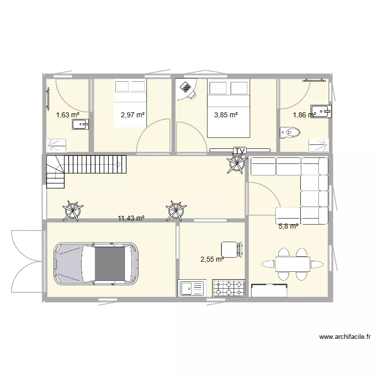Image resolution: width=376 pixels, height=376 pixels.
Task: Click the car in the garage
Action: [96, 264]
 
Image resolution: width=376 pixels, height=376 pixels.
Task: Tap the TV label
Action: [240, 151]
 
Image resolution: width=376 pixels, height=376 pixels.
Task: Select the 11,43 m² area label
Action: [131, 218]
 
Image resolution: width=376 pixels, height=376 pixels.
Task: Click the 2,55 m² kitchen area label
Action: [212, 259]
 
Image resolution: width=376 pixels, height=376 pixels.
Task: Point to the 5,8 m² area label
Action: [288, 226]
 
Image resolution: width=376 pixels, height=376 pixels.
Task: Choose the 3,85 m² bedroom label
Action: [226, 115]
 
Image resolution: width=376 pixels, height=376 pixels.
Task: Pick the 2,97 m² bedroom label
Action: [133, 115]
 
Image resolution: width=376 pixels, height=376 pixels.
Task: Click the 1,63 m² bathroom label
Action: [68, 115]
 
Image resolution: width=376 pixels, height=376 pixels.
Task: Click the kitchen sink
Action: [192, 288]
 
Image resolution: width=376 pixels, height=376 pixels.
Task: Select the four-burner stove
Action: [229, 288]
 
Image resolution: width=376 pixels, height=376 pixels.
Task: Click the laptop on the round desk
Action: [187, 88]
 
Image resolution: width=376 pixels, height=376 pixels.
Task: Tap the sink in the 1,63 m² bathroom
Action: [81, 124]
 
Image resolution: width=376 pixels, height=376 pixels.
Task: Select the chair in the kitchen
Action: [231, 249]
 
